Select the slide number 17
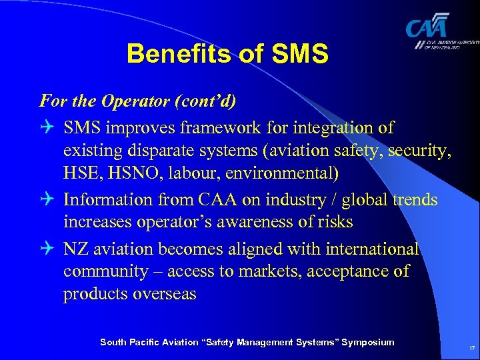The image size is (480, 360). click(x=471, y=349)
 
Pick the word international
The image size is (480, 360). click(x=371, y=249)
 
